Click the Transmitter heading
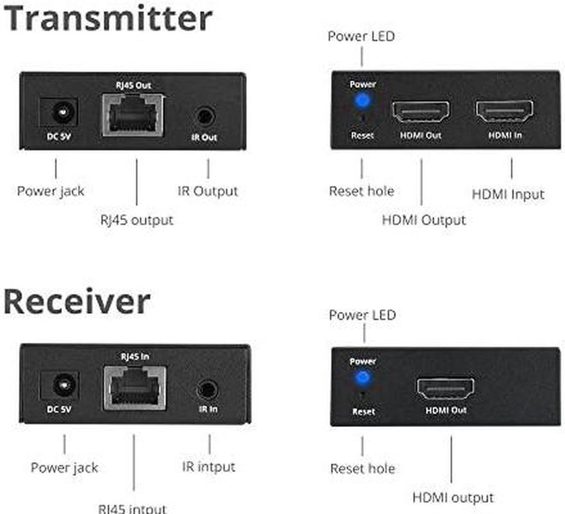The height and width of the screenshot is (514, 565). (108, 19)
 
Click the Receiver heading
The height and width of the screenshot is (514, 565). (77, 302)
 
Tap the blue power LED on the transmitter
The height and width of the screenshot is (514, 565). (362, 100)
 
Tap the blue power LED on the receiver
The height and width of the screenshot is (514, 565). (362, 377)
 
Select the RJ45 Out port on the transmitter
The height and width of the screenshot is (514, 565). (133, 115)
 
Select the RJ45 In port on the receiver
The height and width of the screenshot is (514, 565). (135, 388)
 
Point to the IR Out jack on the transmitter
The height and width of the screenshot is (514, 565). (205, 116)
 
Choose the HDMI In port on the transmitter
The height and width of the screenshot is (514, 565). (504, 111)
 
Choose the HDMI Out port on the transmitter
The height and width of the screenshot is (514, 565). (421, 112)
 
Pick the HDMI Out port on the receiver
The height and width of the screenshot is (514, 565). (445, 389)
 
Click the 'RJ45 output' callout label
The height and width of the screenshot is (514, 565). (137, 220)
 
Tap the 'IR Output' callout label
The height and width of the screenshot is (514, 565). (208, 191)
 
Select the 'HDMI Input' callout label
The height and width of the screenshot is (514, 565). (508, 194)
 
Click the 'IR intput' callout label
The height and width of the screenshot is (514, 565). (209, 467)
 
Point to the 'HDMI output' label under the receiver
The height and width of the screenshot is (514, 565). (453, 498)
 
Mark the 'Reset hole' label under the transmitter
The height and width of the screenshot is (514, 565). (362, 191)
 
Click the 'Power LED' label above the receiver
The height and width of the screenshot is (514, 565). (362, 315)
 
